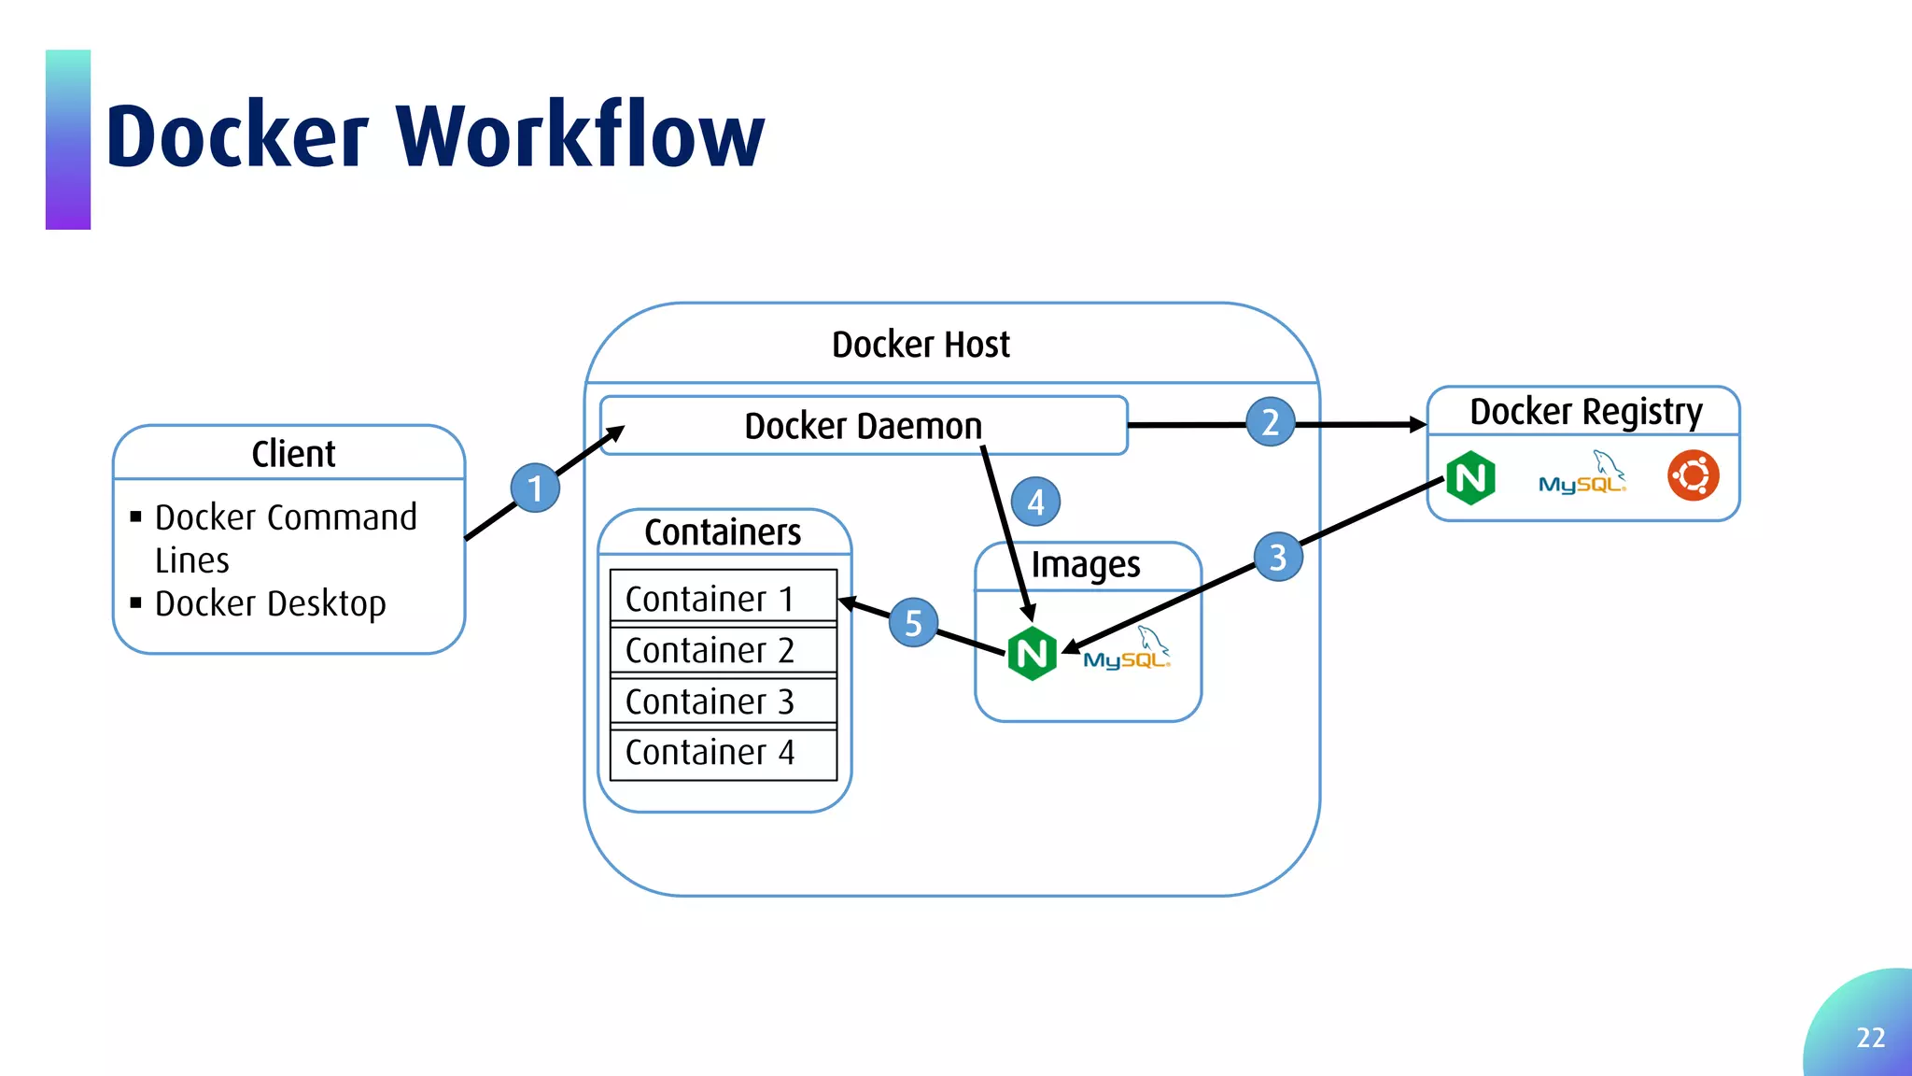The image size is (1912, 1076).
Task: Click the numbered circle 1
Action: pos(535,488)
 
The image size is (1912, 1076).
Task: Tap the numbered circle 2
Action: pos(1270,422)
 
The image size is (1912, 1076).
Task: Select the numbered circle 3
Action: pos(1278,557)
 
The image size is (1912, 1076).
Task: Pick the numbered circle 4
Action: pos(1035,502)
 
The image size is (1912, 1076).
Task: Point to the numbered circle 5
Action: pos(913,623)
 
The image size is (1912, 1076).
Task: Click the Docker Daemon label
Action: pos(863,426)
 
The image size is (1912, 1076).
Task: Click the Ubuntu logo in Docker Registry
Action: pos(1693,476)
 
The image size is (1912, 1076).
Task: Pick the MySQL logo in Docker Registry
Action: pos(1582,474)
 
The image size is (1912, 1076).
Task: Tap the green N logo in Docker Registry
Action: pos(1470,477)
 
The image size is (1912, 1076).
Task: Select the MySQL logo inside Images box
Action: pos(1127,650)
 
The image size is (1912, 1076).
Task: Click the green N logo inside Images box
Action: pos(1032,653)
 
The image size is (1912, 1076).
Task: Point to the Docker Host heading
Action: pos(921,345)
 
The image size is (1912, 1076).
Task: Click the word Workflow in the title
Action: pos(580,136)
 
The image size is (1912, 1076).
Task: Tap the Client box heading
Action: pos(293,454)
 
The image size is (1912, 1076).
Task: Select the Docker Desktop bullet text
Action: pos(270,603)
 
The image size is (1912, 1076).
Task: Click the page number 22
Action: pos(1870,1038)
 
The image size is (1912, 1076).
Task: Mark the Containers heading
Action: pos(723,532)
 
